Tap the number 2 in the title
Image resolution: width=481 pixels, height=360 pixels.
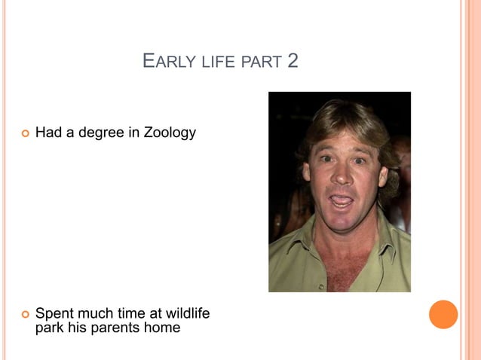click(293, 60)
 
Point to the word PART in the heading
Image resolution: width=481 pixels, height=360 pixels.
click(261, 61)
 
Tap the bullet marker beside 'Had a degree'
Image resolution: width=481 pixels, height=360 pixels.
click(25, 133)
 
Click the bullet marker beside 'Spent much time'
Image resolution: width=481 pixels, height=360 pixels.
click(25, 313)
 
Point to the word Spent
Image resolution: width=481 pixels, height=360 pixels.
click(54, 313)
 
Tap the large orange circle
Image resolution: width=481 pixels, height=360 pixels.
click(443, 314)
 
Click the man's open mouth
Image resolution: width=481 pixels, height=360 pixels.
click(342, 201)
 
